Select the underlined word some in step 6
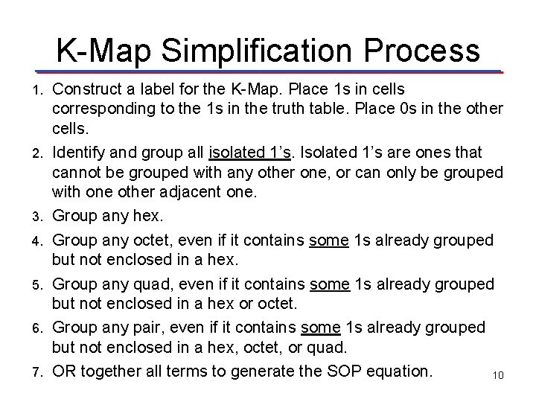click(322, 328)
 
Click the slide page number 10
click(498, 375)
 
